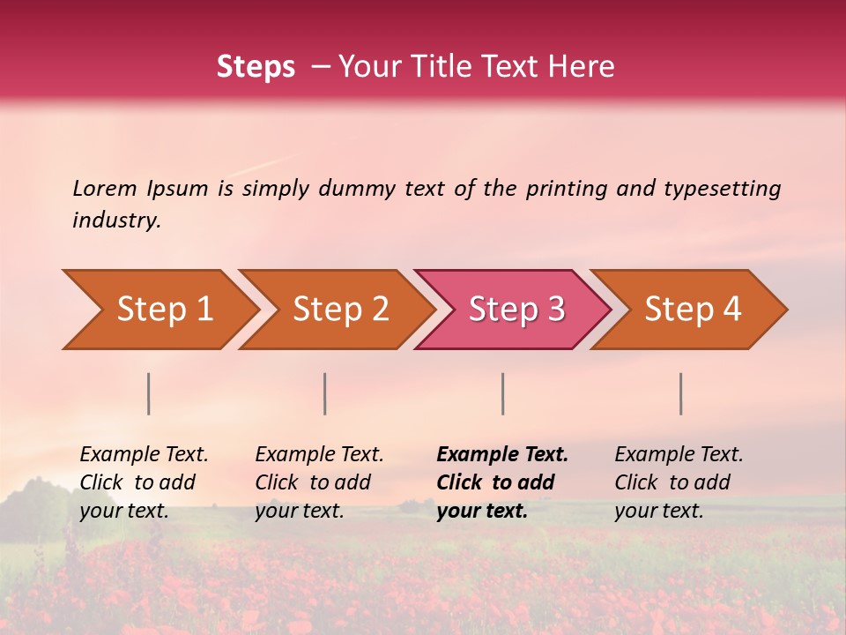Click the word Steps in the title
click(256, 67)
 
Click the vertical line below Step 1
click(149, 393)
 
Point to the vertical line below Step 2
click(325, 393)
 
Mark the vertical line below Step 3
click(502, 393)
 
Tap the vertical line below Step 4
click(681, 393)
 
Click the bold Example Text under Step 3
click(502, 482)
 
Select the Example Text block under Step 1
click(144, 482)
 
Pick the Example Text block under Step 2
click(319, 482)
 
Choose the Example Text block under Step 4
click(679, 482)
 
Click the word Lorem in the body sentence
click(104, 188)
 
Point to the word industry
click(116, 220)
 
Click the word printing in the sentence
click(567, 189)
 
